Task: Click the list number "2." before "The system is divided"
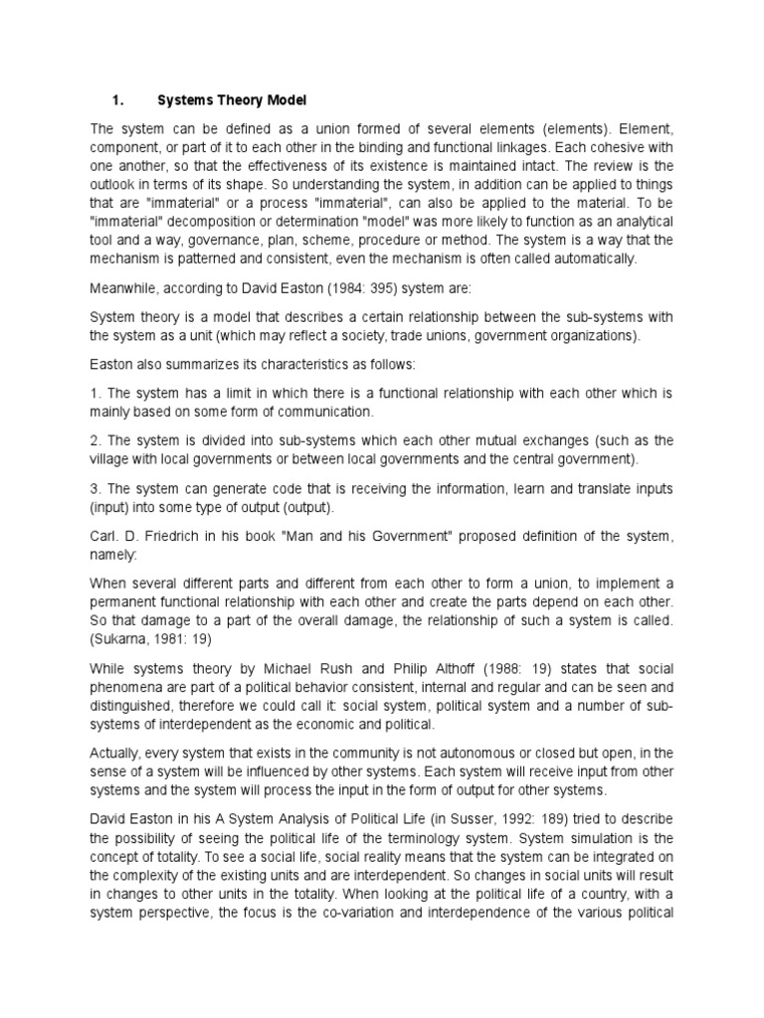pyautogui.click(x=95, y=440)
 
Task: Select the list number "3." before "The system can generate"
pyautogui.click(x=95, y=489)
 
